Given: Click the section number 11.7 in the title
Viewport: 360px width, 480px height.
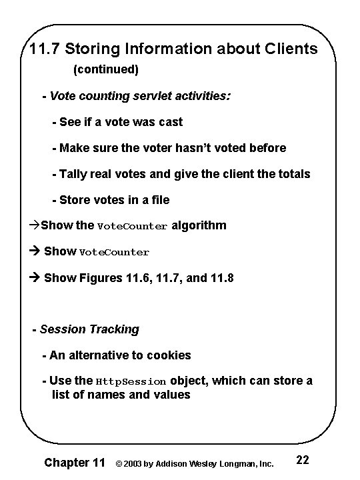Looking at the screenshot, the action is [x=45, y=50].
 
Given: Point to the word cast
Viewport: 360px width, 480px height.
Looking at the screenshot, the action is [x=170, y=122].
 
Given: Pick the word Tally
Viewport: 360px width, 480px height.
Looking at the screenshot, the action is [x=73, y=174].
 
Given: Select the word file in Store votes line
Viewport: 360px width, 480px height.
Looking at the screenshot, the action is [x=159, y=200].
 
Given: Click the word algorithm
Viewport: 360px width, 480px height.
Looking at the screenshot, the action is [x=199, y=225].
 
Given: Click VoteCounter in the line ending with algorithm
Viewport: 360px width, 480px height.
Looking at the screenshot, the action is [x=132, y=226].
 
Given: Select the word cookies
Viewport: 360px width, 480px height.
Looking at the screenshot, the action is [x=169, y=355].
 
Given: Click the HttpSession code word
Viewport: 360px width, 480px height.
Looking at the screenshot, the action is [x=131, y=381].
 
